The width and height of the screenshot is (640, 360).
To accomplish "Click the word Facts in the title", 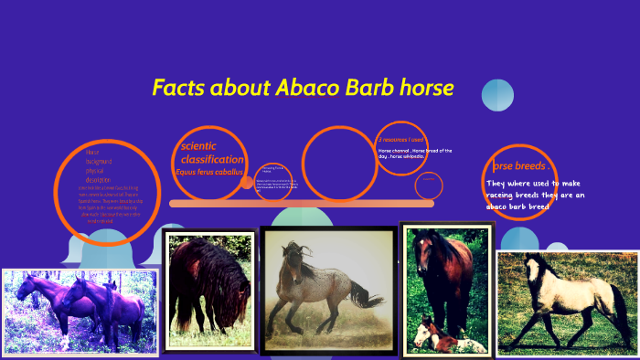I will click(177, 89).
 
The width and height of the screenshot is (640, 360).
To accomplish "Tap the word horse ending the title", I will click(422, 89).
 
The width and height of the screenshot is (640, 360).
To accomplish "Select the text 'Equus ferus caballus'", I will click(210, 172).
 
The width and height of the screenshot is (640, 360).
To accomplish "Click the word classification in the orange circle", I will click(212, 159).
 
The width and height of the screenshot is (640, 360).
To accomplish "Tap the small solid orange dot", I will click(247, 183).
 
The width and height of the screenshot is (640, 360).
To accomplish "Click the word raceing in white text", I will click(505, 195).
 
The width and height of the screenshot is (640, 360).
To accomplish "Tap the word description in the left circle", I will click(98, 179).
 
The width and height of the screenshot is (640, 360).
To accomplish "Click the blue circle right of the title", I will click(497, 96).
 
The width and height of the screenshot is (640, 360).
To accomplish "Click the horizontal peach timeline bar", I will click(302, 203).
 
